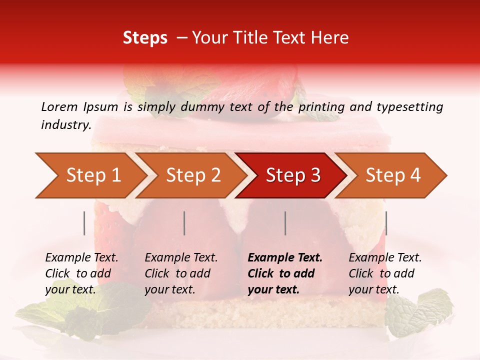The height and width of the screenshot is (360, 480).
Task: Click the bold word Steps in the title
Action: click(145, 38)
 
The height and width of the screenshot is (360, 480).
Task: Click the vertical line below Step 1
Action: click(84, 223)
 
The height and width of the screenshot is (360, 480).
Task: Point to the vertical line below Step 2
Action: click(184, 223)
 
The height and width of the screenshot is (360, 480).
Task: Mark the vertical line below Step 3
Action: click(285, 223)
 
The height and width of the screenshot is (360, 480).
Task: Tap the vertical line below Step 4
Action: click(386, 223)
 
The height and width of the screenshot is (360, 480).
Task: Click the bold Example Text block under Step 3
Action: click(285, 273)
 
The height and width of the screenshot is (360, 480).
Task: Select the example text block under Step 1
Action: click(81, 273)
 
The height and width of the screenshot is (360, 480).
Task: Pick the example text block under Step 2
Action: click(181, 273)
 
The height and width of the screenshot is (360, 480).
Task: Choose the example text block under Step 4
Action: click(385, 273)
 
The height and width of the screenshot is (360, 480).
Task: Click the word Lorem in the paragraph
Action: click(59, 107)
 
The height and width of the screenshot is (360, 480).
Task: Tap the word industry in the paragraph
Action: click(65, 125)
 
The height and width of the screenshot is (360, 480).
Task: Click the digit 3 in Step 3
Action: click(315, 175)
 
